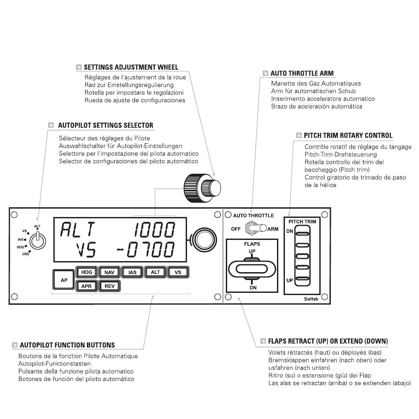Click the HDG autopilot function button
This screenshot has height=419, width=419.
pyautogui.click(x=87, y=272)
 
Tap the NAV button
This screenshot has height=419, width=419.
pyautogui.click(x=109, y=272)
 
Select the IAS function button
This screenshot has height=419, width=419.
pyautogui.click(x=132, y=272)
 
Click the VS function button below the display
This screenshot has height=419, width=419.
pyautogui.click(x=178, y=272)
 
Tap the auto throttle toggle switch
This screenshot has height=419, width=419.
pyautogui.click(x=254, y=228)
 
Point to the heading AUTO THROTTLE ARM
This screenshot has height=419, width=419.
pyautogui.click(x=302, y=73)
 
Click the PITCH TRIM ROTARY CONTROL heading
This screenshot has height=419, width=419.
pyautogui.click(x=348, y=135)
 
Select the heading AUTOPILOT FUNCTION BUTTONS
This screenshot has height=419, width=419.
pyautogui.click(x=67, y=345)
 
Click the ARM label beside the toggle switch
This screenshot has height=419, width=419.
pyautogui.click(x=273, y=229)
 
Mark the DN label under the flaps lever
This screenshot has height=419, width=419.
pyautogui.click(x=252, y=287)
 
